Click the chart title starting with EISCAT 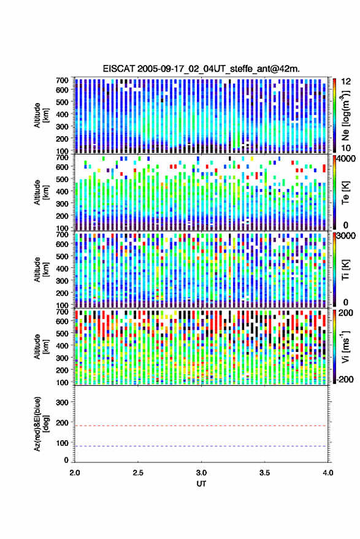(201, 69)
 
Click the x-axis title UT (201, 484)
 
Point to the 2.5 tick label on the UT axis (138, 473)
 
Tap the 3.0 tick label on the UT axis (201, 473)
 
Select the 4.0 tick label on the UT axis (328, 473)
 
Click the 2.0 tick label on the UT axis (75, 473)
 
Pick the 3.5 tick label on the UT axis (264, 473)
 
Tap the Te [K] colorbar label (345, 193)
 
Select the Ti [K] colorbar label (345, 270)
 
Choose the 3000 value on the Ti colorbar (346, 236)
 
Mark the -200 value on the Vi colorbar (345, 379)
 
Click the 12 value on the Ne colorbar (347, 82)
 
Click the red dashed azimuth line (201, 426)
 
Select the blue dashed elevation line (201, 446)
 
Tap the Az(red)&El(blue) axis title (40, 424)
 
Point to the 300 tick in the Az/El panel (62, 402)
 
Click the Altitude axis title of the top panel (40, 115)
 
